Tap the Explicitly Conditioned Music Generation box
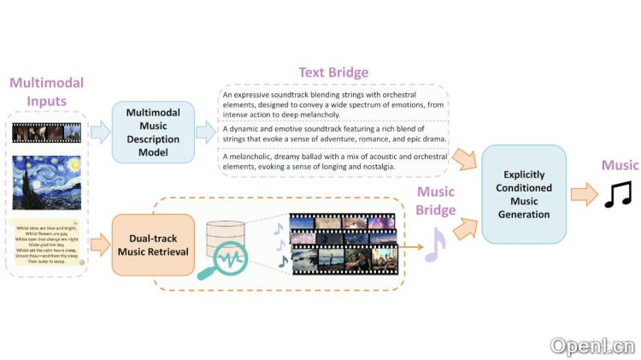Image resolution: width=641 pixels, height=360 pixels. tap(524, 194)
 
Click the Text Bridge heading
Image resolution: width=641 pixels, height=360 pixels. tap(333, 73)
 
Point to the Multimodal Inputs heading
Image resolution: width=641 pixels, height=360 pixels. tap(46, 93)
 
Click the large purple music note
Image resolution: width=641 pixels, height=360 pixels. tap(436, 244)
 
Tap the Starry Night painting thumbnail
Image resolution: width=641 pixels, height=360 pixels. tap(47, 182)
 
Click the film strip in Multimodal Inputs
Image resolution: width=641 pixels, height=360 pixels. tap(47, 132)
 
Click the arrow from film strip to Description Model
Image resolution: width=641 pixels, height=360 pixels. tap(100, 132)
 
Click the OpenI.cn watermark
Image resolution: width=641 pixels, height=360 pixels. tap(592, 345)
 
